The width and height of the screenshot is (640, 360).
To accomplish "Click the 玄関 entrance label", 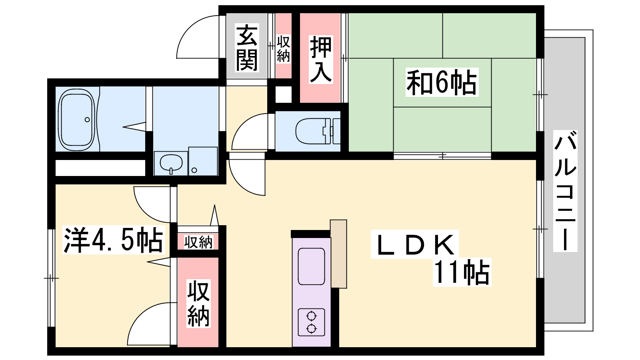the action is click(x=247, y=48).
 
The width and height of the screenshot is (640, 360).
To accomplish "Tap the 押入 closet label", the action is click(x=320, y=60).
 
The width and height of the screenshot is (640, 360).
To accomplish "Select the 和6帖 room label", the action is click(x=442, y=82).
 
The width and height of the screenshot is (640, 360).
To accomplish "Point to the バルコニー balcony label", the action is click(x=565, y=191).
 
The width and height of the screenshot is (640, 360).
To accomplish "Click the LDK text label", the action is click(x=415, y=244).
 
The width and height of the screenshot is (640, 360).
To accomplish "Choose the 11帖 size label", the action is click(x=462, y=272).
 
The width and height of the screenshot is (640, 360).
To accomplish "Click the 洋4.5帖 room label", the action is click(x=114, y=240).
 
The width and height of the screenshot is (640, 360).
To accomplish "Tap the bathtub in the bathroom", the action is click(x=76, y=120).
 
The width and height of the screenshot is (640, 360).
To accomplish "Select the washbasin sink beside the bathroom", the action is click(x=171, y=163).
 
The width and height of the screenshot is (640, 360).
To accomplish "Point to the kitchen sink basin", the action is click(x=311, y=266).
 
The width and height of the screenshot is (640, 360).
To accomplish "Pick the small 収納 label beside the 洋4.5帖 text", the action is click(x=198, y=242).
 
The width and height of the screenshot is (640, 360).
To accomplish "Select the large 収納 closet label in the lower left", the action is click(x=198, y=304).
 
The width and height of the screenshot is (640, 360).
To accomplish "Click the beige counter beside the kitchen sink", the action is click(x=338, y=254).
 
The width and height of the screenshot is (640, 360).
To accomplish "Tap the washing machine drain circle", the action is click(x=194, y=170).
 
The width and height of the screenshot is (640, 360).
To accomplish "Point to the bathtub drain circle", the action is click(x=87, y=120).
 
